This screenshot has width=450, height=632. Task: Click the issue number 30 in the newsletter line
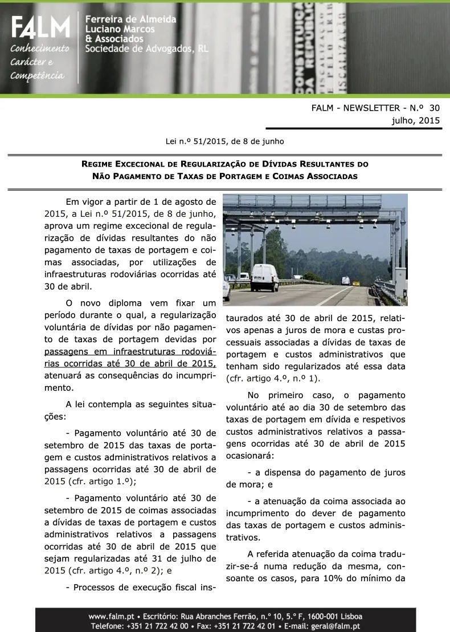[435, 108]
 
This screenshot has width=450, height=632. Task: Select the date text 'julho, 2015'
[416, 120]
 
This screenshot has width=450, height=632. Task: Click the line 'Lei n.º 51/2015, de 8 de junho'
[224, 141]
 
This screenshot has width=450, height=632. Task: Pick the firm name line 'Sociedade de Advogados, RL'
[146, 49]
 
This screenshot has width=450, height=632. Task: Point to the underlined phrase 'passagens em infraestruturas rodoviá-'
[130, 351]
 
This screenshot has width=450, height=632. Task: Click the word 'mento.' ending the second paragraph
[60, 387]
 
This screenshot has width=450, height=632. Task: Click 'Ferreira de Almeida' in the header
[130, 19]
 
